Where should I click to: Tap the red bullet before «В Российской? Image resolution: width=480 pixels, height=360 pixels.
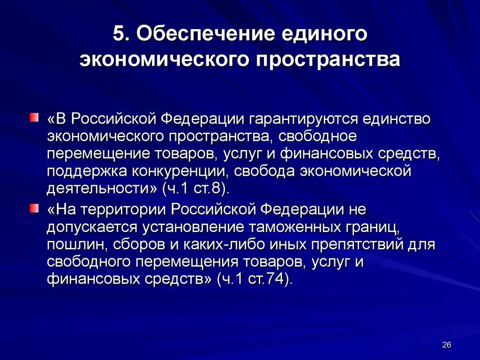[33, 117]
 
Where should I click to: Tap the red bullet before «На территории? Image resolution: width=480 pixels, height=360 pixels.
[33, 209]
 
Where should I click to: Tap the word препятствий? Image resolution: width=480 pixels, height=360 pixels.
[342, 244]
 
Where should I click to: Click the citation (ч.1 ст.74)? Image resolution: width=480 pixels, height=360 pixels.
[255, 279]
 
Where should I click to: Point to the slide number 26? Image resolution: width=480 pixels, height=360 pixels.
[446, 345]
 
